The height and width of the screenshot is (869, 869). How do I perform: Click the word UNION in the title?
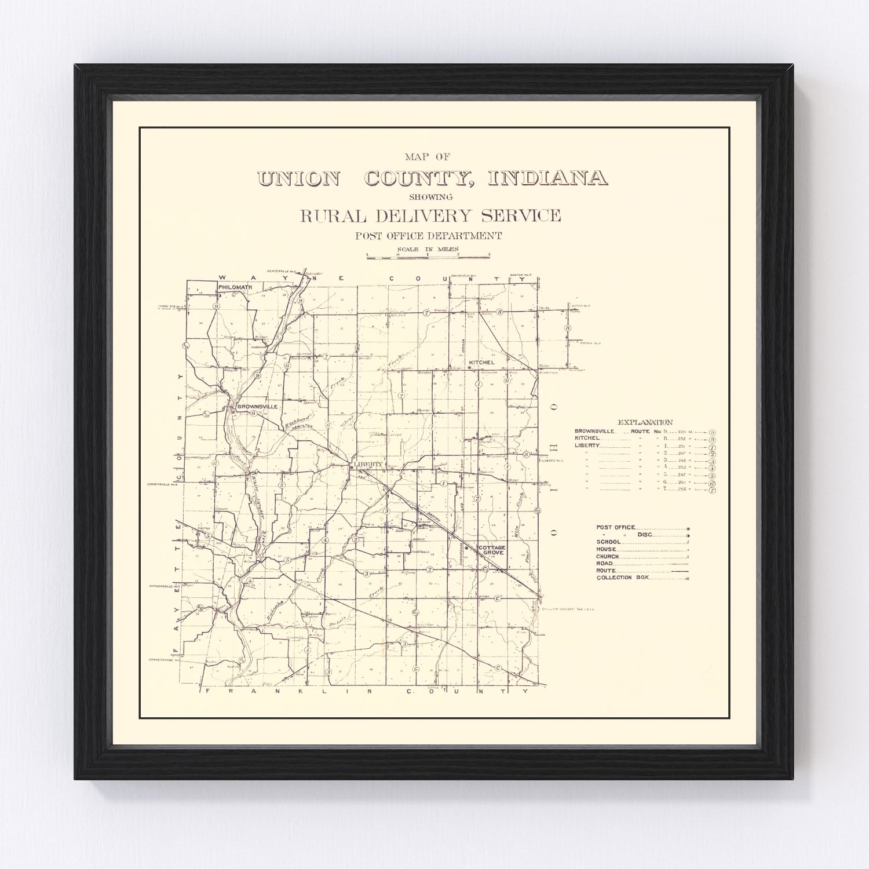[298, 178]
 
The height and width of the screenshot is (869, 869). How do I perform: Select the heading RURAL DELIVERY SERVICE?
[430, 216]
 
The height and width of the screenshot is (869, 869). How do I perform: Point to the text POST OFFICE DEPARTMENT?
[429, 236]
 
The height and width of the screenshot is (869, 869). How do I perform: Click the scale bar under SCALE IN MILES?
[428, 255]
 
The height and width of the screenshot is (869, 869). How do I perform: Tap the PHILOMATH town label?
[235, 286]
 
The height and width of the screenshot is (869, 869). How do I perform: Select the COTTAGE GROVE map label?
[492, 550]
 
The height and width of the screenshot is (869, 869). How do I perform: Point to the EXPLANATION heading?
[645, 422]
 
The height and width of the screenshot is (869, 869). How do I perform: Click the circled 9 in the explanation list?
[712, 432]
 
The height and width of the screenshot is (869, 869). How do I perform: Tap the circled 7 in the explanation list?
[712, 490]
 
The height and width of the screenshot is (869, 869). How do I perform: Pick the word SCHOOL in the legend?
[608, 542]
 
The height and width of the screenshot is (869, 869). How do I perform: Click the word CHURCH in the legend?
[608, 556]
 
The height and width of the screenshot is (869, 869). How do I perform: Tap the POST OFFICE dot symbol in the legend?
[688, 528]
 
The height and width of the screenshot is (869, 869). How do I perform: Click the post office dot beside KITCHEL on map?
[469, 367]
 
